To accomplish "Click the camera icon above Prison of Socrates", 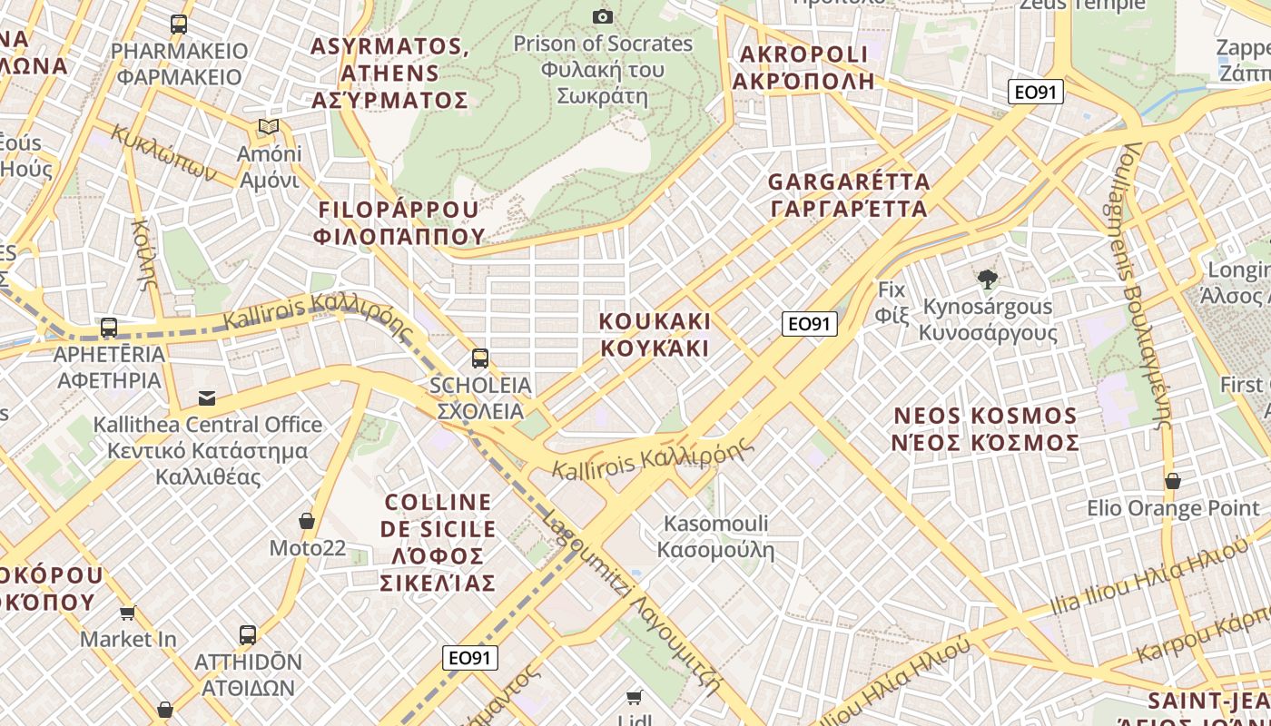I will (x=602, y=16).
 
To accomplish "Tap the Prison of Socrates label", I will (x=602, y=70).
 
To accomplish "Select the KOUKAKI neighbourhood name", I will (x=655, y=335).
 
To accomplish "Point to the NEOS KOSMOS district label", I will (x=986, y=429).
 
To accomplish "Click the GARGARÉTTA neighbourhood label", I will (x=849, y=195).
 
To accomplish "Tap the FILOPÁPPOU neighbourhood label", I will (x=399, y=223).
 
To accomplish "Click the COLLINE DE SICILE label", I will (x=439, y=542).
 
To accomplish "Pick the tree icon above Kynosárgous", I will (x=987, y=280).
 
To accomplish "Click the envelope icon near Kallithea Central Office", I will (x=208, y=397).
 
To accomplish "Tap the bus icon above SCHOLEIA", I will (x=479, y=358).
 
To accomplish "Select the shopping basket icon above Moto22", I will (x=307, y=521).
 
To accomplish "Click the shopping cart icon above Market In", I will (x=128, y=613).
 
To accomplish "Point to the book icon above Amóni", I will (x=268, y=126).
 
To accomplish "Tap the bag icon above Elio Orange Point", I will (x=1173, y=481).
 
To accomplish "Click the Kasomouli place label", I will (x=716, y=536).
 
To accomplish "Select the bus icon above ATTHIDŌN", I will (x=248, y=635).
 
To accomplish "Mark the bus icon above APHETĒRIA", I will (x=109, y=328).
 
